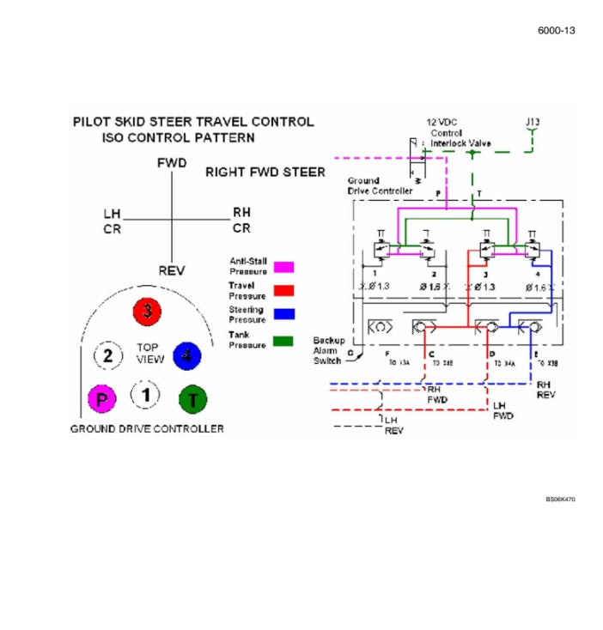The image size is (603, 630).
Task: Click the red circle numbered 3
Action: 147,312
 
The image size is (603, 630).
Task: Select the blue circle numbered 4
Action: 186,355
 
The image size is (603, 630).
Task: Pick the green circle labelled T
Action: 192,398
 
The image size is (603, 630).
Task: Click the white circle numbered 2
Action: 107,355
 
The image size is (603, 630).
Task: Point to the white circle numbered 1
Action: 145,395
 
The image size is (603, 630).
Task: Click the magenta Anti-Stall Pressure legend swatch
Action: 283,266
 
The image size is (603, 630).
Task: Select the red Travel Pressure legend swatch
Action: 283,290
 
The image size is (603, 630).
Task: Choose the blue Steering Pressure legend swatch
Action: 283,314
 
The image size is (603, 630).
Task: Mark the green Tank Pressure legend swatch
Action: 283,340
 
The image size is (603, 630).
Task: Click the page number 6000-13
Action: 556,31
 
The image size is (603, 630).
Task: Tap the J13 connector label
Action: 533,122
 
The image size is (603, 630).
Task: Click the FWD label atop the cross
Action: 172,163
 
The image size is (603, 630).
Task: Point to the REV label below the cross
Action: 172,270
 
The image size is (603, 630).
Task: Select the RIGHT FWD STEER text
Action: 265,173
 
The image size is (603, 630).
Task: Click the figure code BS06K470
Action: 560,499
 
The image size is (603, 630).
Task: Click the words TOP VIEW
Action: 149,354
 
